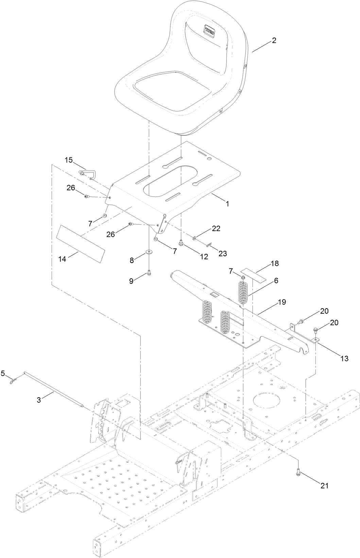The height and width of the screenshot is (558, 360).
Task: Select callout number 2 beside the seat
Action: pos(274,41)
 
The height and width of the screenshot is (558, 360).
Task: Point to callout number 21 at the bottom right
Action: pos(325,486)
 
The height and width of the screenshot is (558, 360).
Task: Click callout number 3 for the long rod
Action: pos(39,400)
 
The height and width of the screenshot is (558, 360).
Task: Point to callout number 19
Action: pos(282,302)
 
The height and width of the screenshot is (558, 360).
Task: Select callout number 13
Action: pos(344,358)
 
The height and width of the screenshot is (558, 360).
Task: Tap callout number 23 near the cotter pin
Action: pos(223,253)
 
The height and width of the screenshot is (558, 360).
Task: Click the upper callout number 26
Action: pos(71,187)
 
